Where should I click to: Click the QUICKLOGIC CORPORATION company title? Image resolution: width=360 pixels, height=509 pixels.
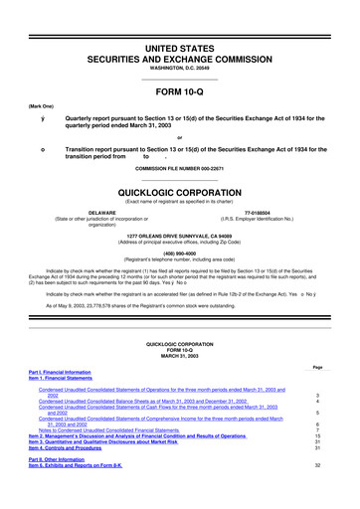coord(180,197)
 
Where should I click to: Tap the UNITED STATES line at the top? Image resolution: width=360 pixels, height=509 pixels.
coord(180,22)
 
